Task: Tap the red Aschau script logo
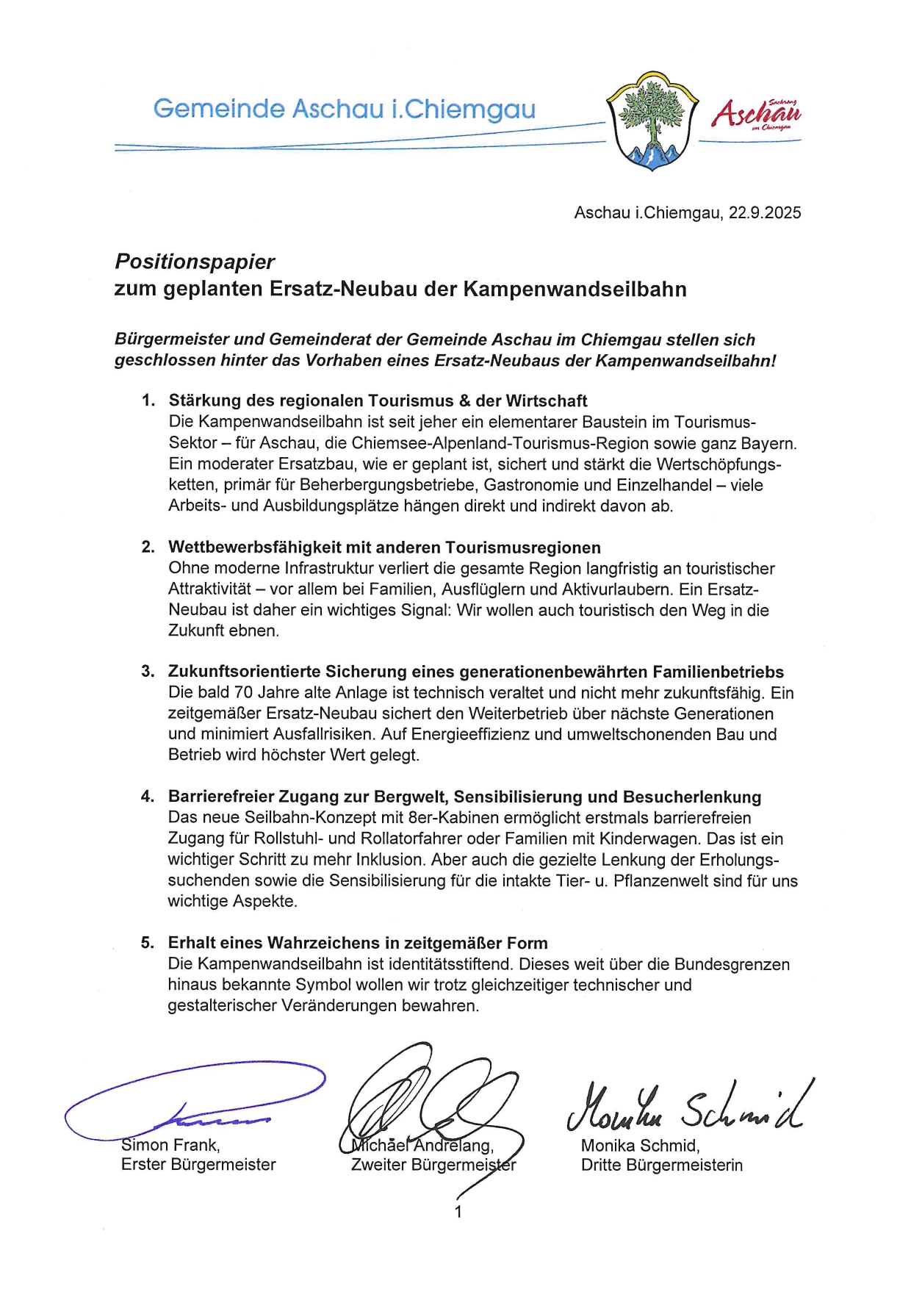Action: click(x=756, y=115)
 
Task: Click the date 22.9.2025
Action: click(x=765, y=213)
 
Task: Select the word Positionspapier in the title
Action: click(x=195, y=262)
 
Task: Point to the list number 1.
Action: click(x=148, y=401)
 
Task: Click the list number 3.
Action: click(x=148, y=672)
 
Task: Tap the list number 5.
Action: click(x=148, y=943)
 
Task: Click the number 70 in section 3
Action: click(x=243, y=693)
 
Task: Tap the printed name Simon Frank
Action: click(x=170, y=1145)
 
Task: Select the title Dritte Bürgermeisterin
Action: click(x=661, y=1166)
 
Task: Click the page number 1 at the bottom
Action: click(x=458, y=1212)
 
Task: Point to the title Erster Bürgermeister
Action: click(x=198, y=1165)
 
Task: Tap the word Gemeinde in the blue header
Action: click(x=218, y=109)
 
